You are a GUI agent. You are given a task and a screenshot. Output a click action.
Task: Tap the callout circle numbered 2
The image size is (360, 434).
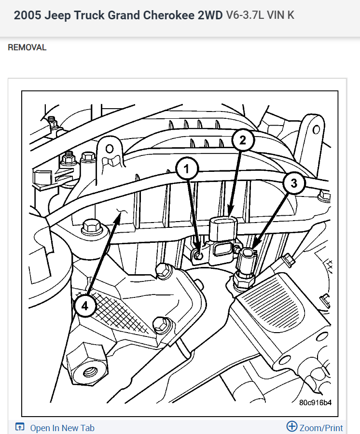click(x=243, y=140)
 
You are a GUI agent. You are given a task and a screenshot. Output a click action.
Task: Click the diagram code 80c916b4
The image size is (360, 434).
click(x=315, y=402)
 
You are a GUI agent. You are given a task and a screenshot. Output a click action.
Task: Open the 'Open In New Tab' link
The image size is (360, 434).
click(x=62, y=428)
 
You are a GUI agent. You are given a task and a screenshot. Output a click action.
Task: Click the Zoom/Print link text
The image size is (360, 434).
click(x=321, y=428)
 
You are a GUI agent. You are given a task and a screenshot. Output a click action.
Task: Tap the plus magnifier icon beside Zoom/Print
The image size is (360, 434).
click(x=292, y=427)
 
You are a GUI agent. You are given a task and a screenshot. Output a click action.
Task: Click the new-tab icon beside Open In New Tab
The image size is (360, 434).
click(x=20, y=428)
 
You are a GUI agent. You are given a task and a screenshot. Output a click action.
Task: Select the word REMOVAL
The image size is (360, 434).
click(x=27, y=47)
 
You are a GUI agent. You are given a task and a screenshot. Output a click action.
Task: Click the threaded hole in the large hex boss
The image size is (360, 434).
click(x=89, y=372)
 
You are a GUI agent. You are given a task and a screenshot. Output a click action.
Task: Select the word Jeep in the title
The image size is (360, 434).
click(x=56, y=15)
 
